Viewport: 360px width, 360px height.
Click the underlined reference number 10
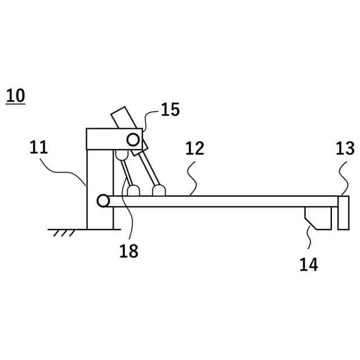[16, 96]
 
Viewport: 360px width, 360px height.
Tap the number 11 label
[39, 148]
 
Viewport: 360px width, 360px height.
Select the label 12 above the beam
[195, 148]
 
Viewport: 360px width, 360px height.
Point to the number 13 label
[345, 148]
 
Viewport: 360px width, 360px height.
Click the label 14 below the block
[308, 264]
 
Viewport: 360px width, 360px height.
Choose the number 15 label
[170, 110]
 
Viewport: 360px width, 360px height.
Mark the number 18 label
[129, 251]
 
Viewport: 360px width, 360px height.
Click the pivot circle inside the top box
[133, 138]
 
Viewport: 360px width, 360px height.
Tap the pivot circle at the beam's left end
[103, 201]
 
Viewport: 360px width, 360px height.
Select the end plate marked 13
[343, 213]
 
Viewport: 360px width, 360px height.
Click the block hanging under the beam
[317, 217]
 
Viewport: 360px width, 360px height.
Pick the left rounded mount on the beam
[133, 191]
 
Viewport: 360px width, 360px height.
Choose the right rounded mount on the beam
[159, 191]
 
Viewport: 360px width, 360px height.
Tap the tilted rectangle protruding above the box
[123, 119]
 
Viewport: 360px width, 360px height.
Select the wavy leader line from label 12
[193, 179]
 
